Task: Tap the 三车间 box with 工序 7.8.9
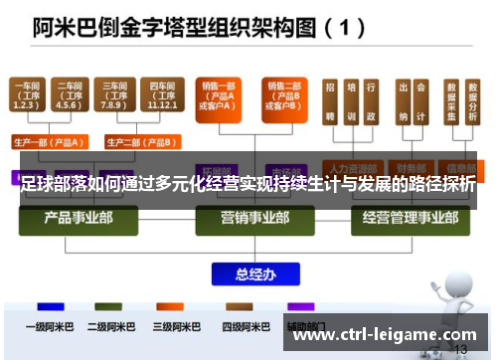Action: [112, 95]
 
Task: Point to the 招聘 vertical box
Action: [330, 101]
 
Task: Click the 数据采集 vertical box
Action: [452, 101]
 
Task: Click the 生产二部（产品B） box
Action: [134, 140]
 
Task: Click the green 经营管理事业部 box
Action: [402, 217]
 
